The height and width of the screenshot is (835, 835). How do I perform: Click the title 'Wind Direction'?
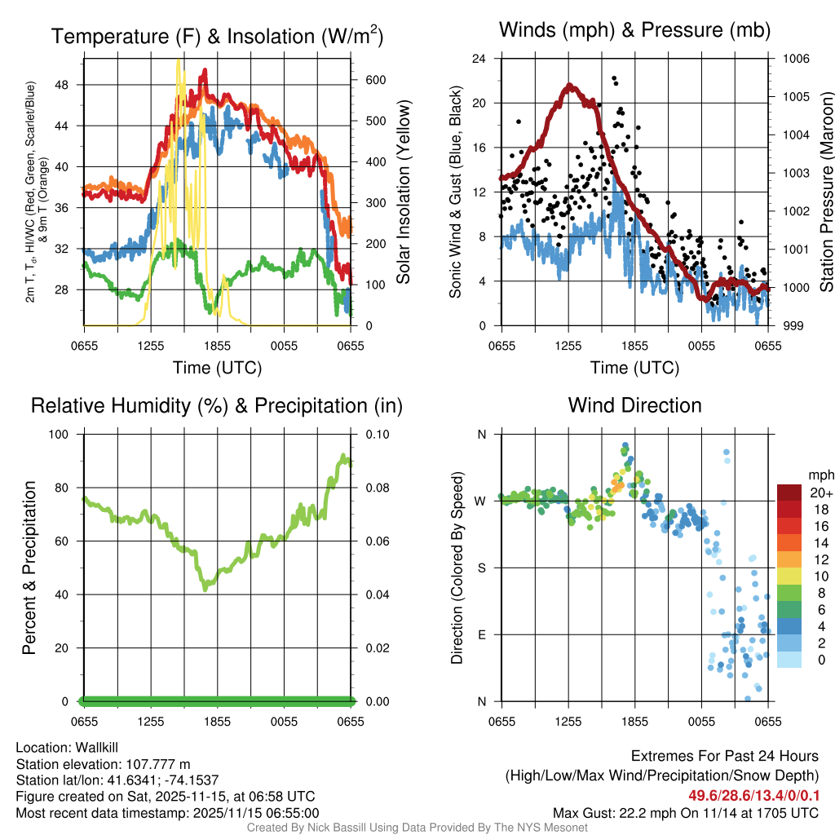pos(634,405)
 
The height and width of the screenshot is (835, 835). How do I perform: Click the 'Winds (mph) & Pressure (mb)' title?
pos(634,31)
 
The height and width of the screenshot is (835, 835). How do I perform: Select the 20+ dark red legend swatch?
pos(789,493)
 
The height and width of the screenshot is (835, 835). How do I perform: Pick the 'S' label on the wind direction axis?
pos(481,568)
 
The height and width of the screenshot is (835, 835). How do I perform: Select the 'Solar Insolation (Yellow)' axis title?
pos(404,192)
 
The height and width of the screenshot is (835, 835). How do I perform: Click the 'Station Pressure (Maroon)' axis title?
pos(825,192)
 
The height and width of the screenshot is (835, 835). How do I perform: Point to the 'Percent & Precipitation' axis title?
pos(29,568)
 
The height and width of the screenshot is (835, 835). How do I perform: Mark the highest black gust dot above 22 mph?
pos(613,78)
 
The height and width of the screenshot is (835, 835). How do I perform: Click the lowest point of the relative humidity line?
pos(206,588)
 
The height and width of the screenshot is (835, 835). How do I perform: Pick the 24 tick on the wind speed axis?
pos(480,59)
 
